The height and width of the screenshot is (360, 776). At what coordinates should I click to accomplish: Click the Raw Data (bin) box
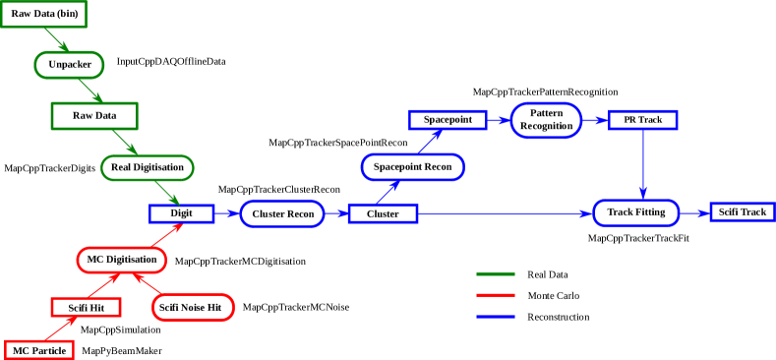coord(44,14)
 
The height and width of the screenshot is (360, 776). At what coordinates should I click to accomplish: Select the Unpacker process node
coord(69,65)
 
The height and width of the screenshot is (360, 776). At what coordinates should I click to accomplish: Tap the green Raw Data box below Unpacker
coord(94,116)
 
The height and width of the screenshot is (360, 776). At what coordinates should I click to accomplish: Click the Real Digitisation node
coord(148,167)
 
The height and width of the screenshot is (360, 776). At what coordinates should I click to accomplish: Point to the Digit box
coord(181,213)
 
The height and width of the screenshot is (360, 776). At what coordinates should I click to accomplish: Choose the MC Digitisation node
coord(122,260)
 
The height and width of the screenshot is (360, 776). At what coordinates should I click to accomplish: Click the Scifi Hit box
coord(86,308)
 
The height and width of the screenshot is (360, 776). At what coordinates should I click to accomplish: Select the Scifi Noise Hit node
coord(194,308)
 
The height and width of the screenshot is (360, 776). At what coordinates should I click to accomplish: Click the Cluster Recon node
coord(282,213)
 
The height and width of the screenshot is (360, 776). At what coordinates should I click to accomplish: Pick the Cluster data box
coord(383,213)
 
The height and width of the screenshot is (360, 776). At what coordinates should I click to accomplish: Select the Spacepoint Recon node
coord(412,167)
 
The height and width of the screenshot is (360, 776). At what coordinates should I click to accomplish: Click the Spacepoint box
coord(448,120)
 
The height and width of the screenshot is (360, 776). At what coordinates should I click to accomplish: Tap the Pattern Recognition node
coord(546,120)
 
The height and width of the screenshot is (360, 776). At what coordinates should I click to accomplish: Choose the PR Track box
coord(642,120)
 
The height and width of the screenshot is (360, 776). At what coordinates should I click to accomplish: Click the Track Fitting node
coord(635,212)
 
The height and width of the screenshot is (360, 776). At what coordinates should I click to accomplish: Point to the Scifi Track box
coord(742,212)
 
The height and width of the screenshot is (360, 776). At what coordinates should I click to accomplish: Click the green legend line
coord(495,274)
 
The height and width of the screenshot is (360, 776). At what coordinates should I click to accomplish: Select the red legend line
coord(495,294)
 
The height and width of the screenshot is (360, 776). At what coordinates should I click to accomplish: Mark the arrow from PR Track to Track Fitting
coord(643,162)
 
